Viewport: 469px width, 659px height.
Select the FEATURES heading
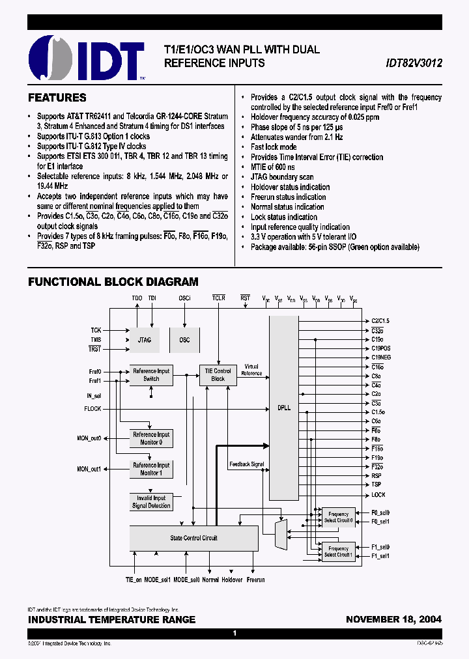point(57,98)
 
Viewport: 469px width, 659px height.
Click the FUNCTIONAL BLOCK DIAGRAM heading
point(113,282)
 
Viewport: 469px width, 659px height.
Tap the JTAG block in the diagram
point(145,340)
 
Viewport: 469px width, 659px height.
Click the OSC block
point(184,340)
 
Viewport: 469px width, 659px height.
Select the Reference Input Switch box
point(150,375)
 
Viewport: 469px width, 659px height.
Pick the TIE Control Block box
point(218,375)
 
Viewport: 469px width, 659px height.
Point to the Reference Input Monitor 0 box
point(150,438)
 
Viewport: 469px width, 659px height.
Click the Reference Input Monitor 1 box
point(150,469)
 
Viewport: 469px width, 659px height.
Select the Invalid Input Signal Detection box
point(150,501)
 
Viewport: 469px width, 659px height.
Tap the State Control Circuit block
point(193,538)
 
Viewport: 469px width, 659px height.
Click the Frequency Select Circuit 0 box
point(338,517)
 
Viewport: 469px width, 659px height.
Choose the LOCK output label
point(378,495)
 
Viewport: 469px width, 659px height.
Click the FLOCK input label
point(92,409)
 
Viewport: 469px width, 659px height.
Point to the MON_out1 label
point(89,469)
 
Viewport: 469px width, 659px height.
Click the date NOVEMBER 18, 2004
point(393,619)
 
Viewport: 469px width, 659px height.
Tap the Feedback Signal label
point(247,464)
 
